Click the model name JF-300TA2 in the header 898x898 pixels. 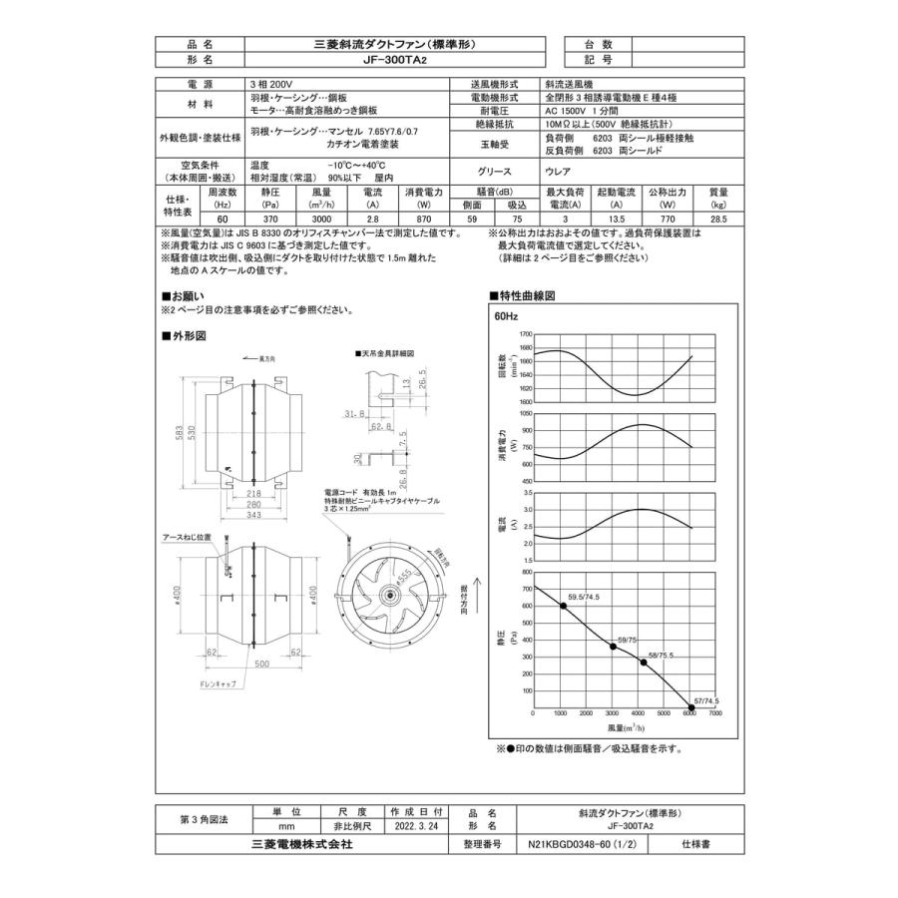(x=394, y=60)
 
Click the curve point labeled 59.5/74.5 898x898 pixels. (x=563, y=606)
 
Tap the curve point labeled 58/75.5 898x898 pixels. (x=643, y=663)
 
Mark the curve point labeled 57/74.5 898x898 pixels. (x=689, y=713)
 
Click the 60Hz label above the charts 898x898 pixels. (x=506, y=316)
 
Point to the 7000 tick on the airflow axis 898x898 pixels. (x=714, y=714)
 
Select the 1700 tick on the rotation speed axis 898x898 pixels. (x=526, y=334)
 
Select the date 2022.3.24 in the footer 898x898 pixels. (x=415, y=826)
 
